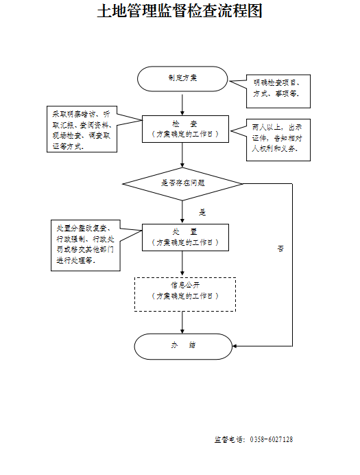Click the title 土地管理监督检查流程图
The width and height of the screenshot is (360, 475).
[x=180, y=12]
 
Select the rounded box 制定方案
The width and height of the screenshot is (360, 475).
[x=182, y=78]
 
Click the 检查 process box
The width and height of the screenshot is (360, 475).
[x=182, y=129]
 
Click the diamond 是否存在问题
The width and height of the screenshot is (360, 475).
[x=182, y=183]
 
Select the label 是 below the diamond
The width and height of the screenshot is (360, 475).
[x=202, y=213]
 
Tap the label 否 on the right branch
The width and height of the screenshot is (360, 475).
[x=280, y=248]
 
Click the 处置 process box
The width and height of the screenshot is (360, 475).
[x=182, y=237]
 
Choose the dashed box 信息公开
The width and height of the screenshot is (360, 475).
[x=185, y=293]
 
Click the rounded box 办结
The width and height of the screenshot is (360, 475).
[x=182, y=345]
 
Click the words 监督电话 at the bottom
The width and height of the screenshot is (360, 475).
[x=229, y=439]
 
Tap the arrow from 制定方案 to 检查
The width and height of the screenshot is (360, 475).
[x=182, y=103]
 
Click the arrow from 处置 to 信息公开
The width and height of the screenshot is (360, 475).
[x=182, y=264]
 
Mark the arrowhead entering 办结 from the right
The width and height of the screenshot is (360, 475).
[x=235, y=345]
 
